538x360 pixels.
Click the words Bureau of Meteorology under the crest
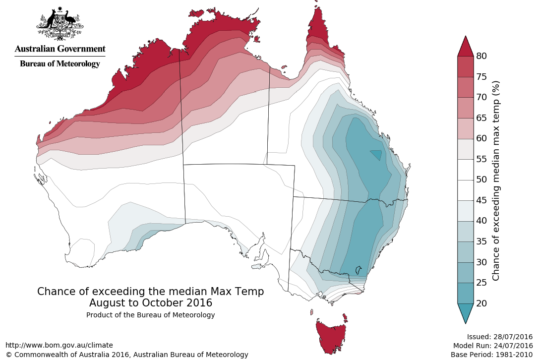click(60, 63)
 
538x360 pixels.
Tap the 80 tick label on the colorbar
click(481, 56)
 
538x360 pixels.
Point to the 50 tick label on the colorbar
click(481, 180)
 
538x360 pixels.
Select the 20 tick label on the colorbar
click(481, 303)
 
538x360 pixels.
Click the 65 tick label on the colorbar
click(481, 118)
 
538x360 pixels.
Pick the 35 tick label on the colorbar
click(481, 241)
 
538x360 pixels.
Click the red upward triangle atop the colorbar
click(466, 47)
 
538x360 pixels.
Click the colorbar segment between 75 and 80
click(466, 66)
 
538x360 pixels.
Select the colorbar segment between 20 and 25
click(466, 293)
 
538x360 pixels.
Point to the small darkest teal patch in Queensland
click(376, 155)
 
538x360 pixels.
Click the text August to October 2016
click(151, 302)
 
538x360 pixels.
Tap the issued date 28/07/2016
click(513, 336)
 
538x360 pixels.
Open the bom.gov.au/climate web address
click(59, 345)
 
